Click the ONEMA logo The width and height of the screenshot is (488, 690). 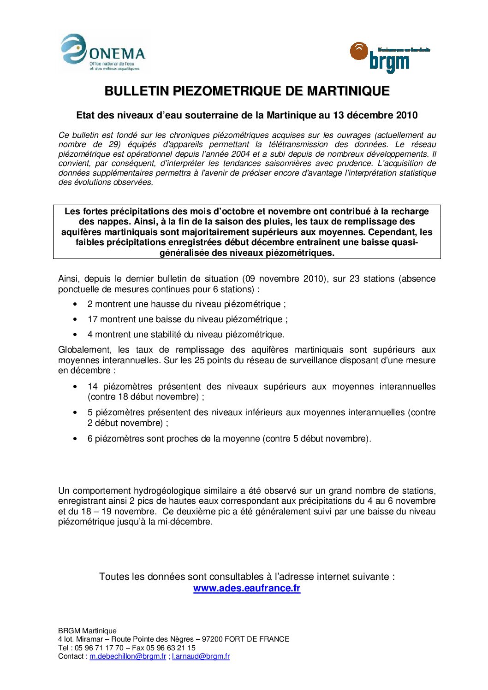click(104, 53)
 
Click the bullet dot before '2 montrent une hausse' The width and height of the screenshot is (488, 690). click(75, 304)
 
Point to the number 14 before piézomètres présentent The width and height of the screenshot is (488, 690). click(93, 387)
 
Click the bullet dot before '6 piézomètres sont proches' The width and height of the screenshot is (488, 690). click(75, 439)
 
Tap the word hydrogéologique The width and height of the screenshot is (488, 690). click(167, 491)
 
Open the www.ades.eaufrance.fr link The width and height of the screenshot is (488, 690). click(247, 588)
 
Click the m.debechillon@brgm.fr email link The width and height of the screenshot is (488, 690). click(128, 656)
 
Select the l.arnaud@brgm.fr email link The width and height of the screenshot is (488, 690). click(201, 656)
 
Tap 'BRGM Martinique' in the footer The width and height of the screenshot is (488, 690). click(87, 631)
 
